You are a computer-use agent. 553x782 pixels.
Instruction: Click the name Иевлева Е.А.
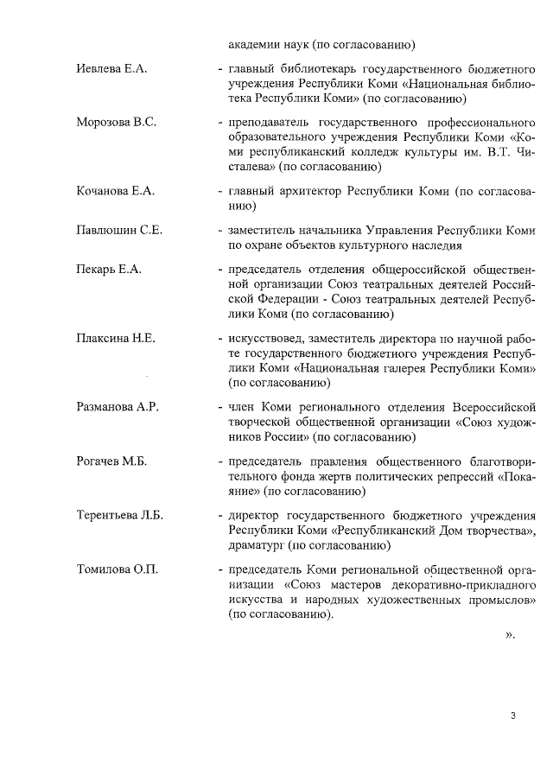coord(112,67)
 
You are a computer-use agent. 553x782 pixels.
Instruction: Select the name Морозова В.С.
coord(117,122)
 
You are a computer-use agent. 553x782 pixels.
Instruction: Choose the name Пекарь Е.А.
coord(109,270)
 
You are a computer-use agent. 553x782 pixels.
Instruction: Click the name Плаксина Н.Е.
coord(116,338)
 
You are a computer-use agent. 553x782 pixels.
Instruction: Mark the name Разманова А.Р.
coord(118,407)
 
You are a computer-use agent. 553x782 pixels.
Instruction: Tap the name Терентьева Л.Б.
coord(120,515)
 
